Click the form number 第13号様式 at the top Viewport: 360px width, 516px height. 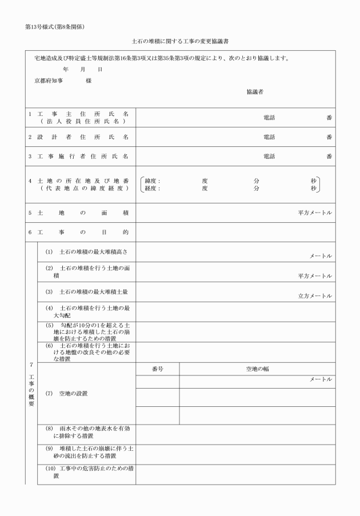pos(43,27)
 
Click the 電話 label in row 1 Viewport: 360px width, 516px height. pos(269,117)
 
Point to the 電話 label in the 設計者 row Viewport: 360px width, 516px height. pos(269,137)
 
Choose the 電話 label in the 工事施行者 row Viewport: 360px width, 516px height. pos(269,156)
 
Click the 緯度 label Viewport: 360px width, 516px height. pos(153,181)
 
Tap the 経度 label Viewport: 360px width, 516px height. pos(153,188)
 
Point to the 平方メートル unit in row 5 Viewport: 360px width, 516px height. pos(315,213)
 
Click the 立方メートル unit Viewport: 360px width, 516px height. pos(315,296)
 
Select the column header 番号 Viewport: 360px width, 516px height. pos(158,369)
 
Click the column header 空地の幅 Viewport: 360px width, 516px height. pos(257,369)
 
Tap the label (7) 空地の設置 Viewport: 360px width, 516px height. pos(67,394)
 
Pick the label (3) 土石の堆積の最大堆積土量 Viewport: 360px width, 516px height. pos(87,291)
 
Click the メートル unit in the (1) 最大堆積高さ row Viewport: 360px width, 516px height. pos(321,257)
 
